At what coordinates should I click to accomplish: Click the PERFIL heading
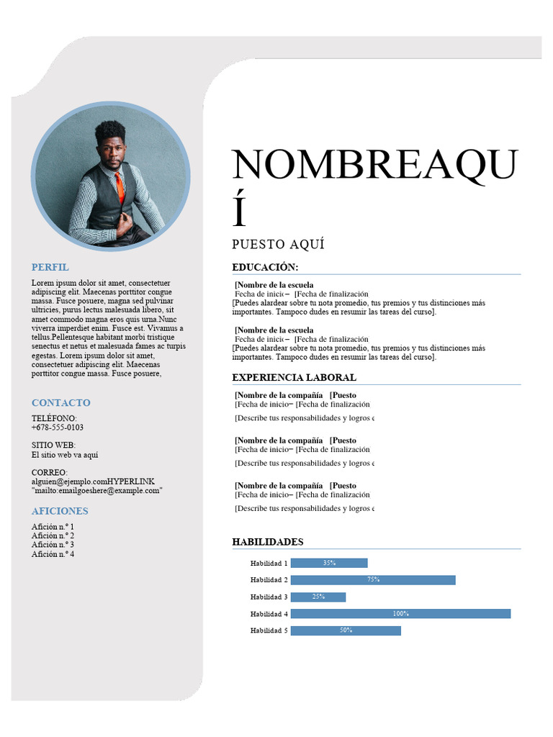50,267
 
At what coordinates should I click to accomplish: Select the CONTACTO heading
61,402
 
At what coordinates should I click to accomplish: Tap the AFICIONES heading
60,511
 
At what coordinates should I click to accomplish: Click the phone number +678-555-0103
58,428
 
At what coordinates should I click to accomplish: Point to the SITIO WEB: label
53,446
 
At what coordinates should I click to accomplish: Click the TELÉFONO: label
54,418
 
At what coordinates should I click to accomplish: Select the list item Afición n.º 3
53,545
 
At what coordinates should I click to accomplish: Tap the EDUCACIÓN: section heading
265,268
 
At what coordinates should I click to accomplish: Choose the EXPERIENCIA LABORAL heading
294,378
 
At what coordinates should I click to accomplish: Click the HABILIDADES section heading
268,542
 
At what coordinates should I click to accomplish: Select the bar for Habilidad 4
400,614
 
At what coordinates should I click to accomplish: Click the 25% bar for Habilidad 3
318,597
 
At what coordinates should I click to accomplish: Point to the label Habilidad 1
269,564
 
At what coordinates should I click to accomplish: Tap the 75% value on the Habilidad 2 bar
373,579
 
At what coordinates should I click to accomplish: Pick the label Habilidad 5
269,630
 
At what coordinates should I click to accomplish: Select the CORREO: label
50,472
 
